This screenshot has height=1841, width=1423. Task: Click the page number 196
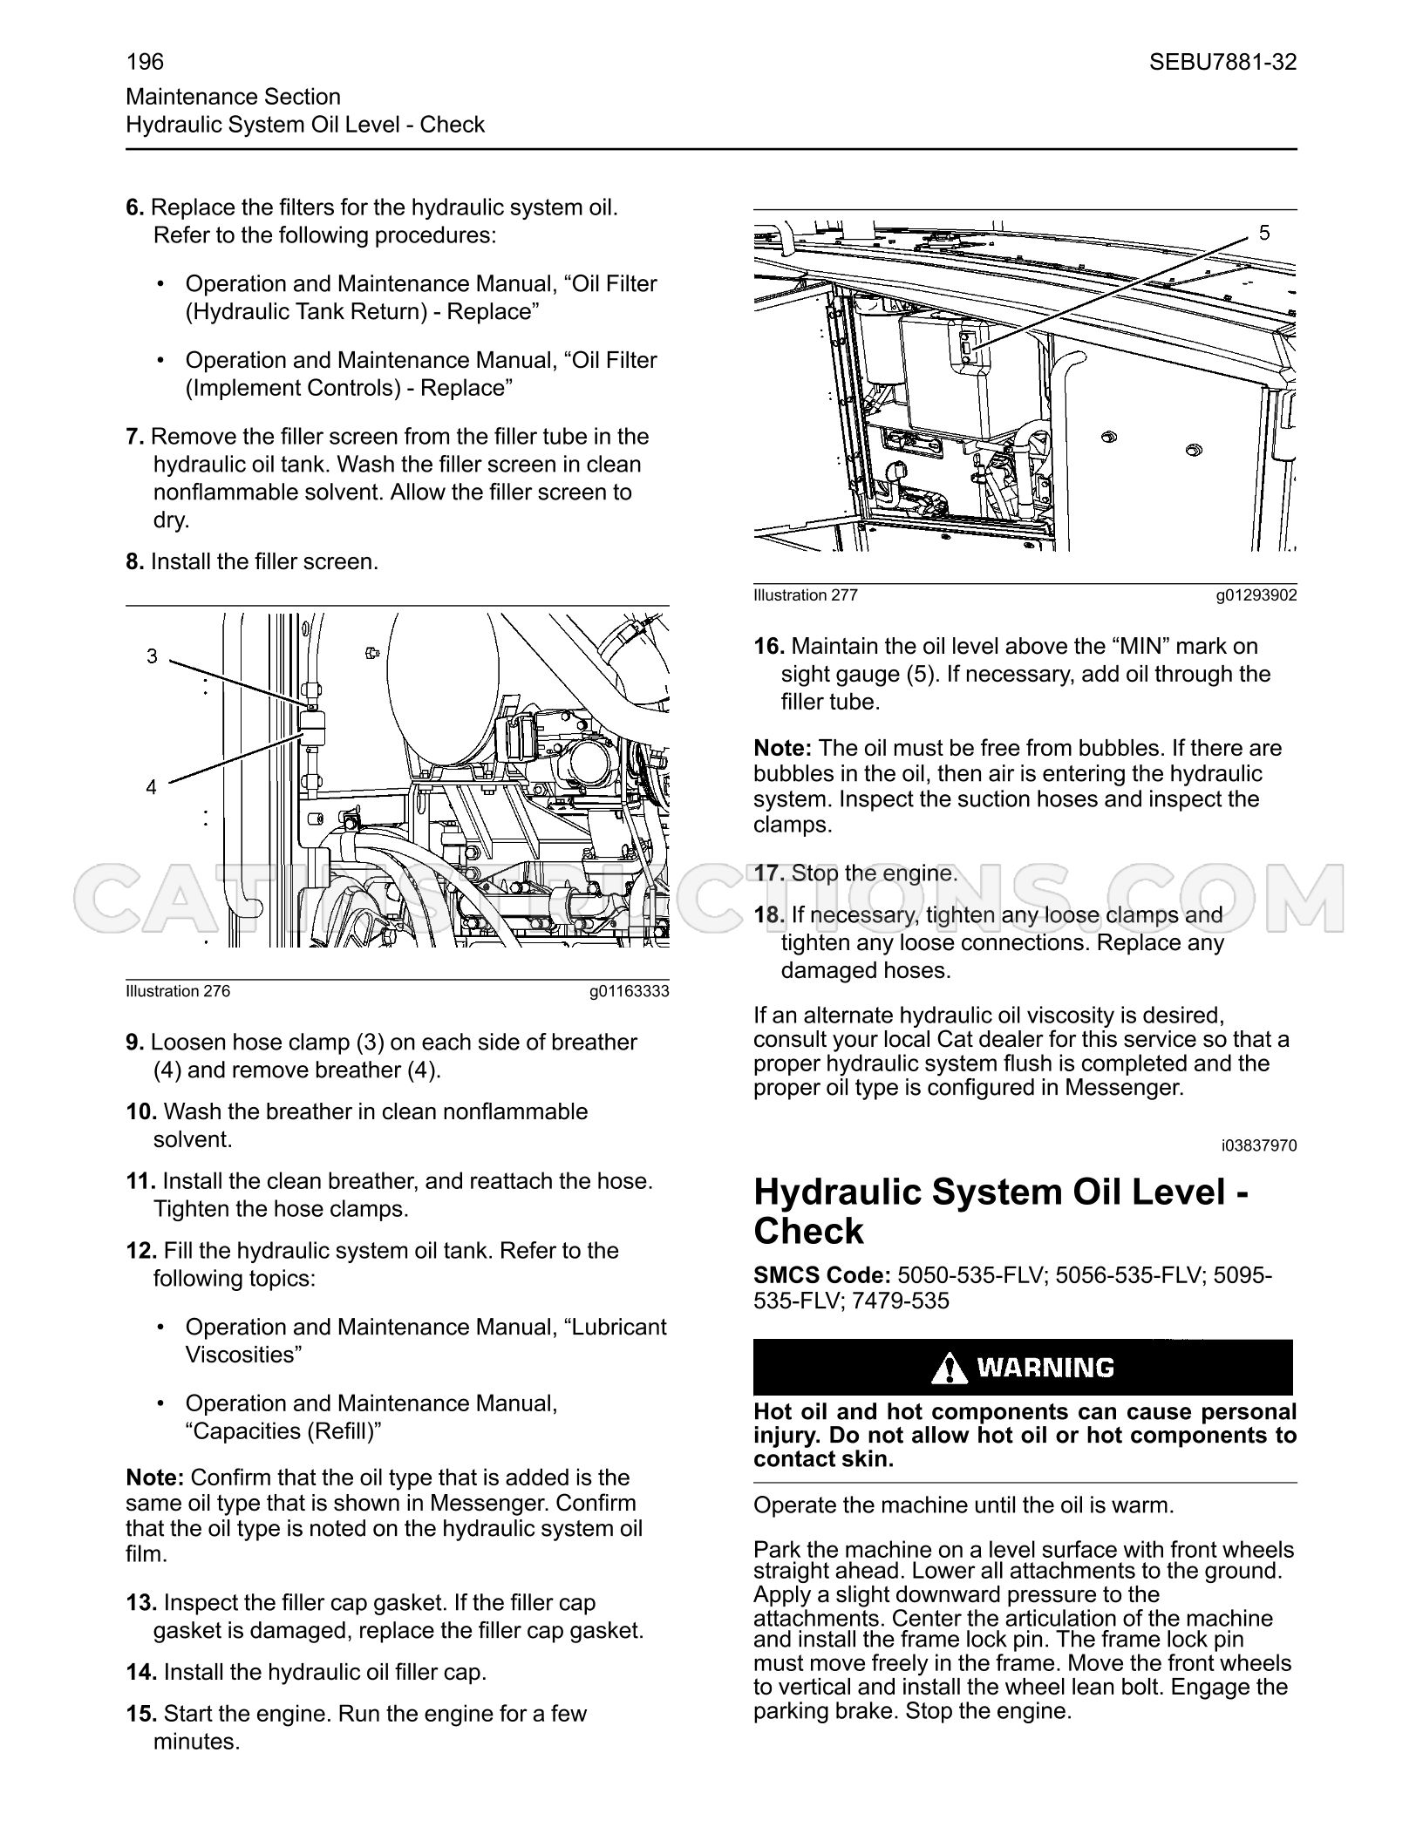click(x=145, y=62)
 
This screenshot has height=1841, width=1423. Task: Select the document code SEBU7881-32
click(x=1222, y=62)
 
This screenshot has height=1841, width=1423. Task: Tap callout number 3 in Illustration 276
click(x=152, y=656)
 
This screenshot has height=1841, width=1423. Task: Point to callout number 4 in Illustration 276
click(x=152, y=787)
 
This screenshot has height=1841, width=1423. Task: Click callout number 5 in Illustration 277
click(x=1264, y=233)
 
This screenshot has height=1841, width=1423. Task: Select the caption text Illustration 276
click(x=178, y=991)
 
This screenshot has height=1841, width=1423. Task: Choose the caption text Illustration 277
click(x=806, y=595)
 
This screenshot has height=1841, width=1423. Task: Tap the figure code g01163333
click(x=629, y=991)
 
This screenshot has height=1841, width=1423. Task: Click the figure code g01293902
click(x=1256, y=595)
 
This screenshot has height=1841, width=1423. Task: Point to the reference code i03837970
click(x=1259, y=1145)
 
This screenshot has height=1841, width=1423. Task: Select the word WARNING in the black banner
click(x=1045, y=1368)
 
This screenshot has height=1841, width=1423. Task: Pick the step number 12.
click(x=141, y=1251)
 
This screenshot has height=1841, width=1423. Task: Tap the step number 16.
click(x=770, y=647)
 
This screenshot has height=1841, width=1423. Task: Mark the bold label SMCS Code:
click(x=822, y=1275)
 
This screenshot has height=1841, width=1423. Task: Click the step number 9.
click(x=135, y=1043)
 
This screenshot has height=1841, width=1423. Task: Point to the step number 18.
click(x=770, y=915)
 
